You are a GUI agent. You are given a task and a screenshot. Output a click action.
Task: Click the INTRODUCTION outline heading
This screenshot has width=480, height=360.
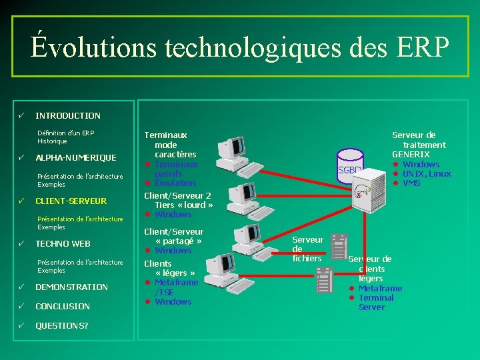[68, 115]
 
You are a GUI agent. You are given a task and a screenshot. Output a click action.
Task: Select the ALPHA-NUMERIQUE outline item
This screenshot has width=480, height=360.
[75, 158]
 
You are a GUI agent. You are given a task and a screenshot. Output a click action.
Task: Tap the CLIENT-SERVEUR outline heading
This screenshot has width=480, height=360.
[71, 201]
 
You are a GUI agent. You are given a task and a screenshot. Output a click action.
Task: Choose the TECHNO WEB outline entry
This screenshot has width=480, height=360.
[63, 244]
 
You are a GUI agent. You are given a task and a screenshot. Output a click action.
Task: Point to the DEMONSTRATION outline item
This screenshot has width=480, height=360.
[71, 287]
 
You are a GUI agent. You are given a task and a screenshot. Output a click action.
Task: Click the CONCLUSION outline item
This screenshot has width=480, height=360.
[63, 307]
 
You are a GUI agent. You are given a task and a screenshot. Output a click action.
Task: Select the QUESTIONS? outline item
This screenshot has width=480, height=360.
[61, 326]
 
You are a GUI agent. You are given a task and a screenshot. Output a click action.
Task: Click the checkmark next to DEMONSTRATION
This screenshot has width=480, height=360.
[21, 287]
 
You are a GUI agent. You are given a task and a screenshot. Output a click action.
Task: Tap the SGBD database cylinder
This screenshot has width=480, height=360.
[350, 169]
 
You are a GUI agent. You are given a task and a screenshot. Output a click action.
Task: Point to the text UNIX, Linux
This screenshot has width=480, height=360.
[427, 174]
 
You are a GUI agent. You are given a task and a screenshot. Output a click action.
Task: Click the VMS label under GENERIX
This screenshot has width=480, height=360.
[411, 183]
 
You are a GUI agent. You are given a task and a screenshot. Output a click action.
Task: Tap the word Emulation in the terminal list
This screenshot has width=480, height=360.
[175, 183]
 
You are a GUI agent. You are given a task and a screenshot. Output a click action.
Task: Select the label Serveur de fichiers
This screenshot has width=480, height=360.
[307, 249]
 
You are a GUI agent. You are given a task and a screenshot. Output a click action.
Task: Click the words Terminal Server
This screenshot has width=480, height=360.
[376, 303]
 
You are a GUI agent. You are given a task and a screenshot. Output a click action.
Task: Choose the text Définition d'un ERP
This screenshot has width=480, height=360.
[66, 133]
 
